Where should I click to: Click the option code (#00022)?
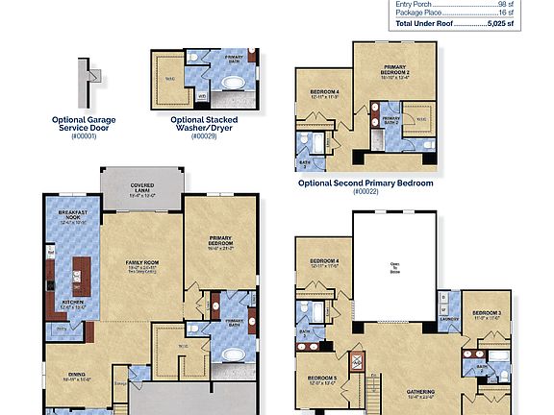365,191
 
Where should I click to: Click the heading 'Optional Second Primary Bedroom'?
365,183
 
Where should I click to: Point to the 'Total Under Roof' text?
424,23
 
